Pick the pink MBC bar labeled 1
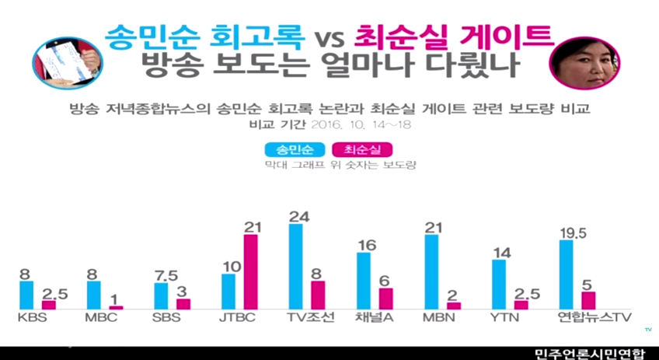pos(116,308)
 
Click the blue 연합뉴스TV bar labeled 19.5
pos(567,274)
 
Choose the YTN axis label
pos(504,317)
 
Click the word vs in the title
pos(333,37)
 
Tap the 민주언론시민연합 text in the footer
pos(589,354)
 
